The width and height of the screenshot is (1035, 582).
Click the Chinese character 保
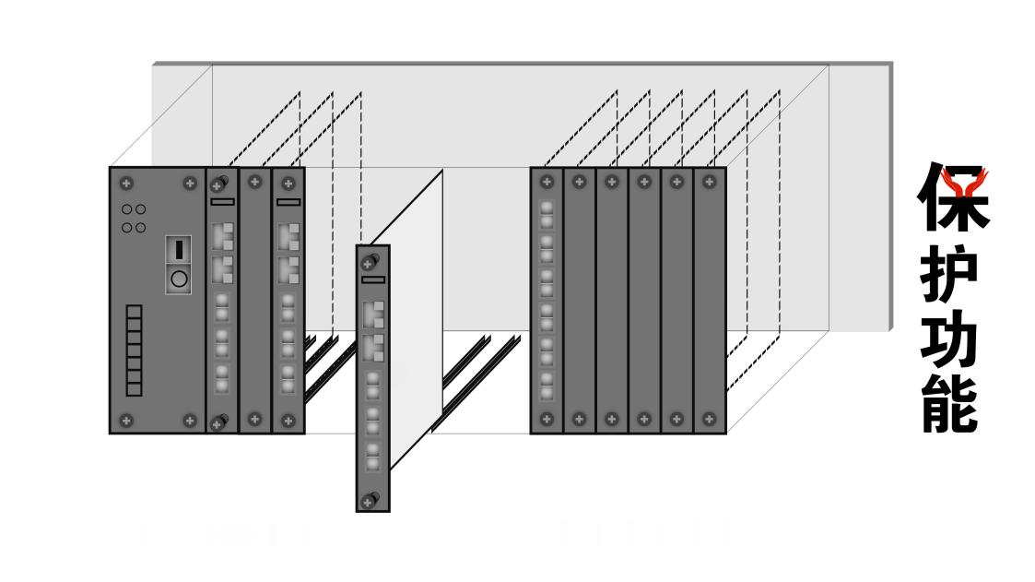(953, 198)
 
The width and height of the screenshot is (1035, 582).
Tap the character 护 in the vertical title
(949, 276)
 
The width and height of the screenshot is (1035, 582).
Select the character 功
(949, 343)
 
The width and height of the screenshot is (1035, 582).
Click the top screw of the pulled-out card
(370, 263)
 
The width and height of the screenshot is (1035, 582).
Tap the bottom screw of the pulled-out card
(370, 501)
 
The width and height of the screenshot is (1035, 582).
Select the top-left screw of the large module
(126, 184)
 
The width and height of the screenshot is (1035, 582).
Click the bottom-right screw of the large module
(190, 421)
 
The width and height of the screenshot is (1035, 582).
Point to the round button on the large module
(179, 278)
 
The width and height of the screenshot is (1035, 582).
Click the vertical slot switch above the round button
(179, 250)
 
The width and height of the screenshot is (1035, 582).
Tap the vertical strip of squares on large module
(135, 350)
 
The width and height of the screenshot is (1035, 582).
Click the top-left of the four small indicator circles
(127, 209)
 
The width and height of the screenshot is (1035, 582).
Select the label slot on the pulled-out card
(373, 279)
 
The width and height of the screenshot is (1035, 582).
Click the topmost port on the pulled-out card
(372, 314)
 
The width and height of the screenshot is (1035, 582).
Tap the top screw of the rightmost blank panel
(709, 182)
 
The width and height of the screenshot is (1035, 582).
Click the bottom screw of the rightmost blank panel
(709, 419)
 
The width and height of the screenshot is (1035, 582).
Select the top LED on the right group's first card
(547, 208)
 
